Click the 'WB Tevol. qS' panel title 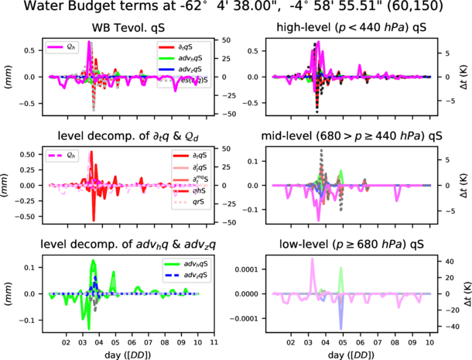(x=125, y=29)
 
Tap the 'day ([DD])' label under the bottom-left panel (x=125, y=352)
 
